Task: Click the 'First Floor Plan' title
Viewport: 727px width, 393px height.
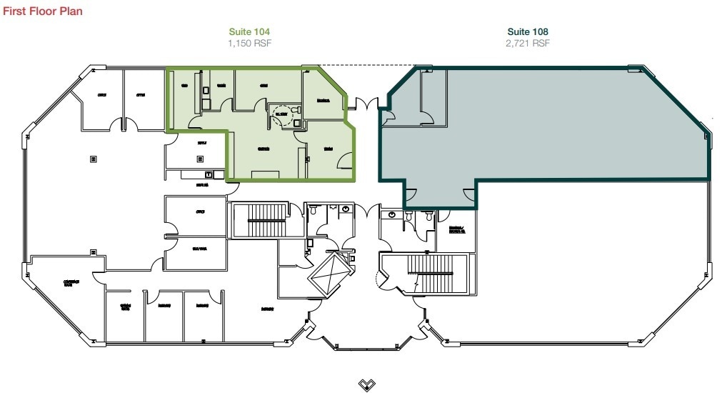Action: pyautogui.click(x=43, y=12)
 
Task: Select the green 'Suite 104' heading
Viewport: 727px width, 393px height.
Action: pyautogui.click(x=249, y=32)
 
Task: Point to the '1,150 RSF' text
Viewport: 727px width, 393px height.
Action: pyautogui.click(x=249, y=44)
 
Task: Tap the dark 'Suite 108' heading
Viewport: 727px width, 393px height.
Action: pyautogui.click(x=528, y=32)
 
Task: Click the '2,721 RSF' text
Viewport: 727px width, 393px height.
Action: pyautogui.click(x=528, y=44)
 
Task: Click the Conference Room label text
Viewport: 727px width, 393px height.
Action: pyautogui.click(x=71, y=283)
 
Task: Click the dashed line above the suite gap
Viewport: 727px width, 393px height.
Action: pyautogui.click(x=364, y=66)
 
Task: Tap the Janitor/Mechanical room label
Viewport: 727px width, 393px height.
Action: pyautogui.click(x=457, y=230)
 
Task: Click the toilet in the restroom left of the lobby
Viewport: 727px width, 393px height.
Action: pyautogui.click(x=347, y=209)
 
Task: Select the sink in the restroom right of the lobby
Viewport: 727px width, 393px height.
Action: pyautogui.click(x=391, y=214)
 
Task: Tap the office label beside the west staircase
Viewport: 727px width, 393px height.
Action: pyautogui.click(x=201, y=212)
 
